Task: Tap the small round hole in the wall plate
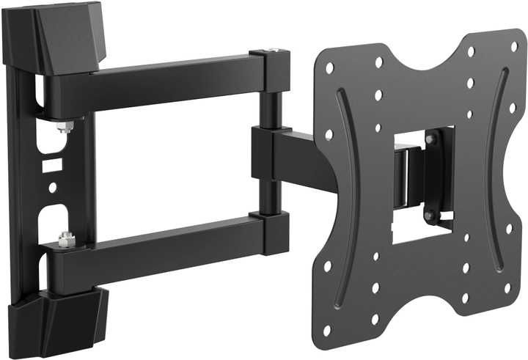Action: pyautogui.click(x=52, y=188)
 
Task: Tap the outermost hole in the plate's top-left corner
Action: pyautogui.click(x=329, y=68)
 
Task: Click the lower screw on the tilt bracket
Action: pyautogui.click(x=430, y=214)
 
